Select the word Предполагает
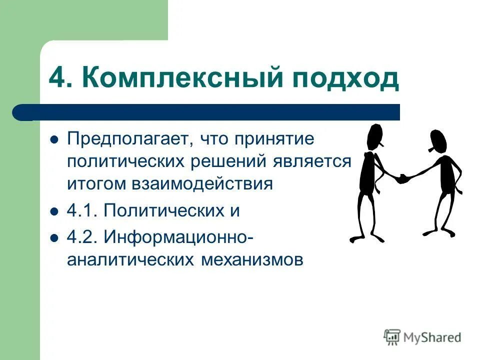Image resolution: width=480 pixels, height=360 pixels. coord(127,138)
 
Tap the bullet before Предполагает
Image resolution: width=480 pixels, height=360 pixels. coord(55,139)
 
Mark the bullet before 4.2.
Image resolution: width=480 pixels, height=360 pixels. coord(55,237)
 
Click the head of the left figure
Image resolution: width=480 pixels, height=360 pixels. coord(374,136)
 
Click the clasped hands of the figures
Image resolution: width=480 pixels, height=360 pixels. coord(402,178)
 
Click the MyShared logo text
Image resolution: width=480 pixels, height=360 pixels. coord(432,337)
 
